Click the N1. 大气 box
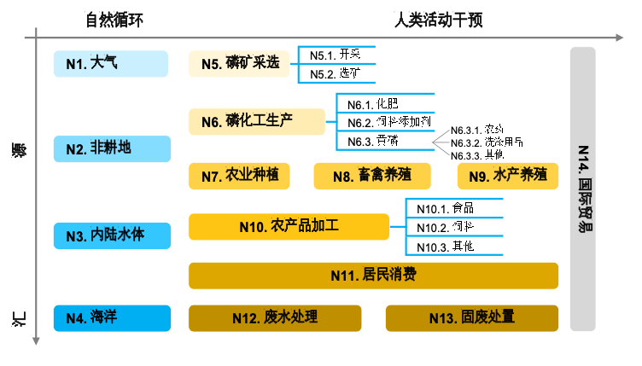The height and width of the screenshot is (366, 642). click(x=111, y=63)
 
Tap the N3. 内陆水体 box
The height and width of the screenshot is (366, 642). click(x=111, y=235)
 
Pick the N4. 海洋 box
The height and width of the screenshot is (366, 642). click(x=111, y=318)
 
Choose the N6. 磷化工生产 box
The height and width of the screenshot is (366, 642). click(x=257, y=121)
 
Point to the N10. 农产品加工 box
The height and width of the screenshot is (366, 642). click(x=288, y=226)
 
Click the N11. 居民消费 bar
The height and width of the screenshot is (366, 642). click(x=373, y=275)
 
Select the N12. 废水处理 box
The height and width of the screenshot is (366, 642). click(x=274, y=318)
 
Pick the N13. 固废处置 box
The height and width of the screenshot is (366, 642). click(x=472, y=318)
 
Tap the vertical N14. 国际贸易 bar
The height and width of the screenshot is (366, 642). click(x=582, y=188)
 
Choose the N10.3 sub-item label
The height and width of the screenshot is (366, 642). click(x=444, y=246)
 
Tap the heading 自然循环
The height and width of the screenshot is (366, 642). click(x=109, y=20)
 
